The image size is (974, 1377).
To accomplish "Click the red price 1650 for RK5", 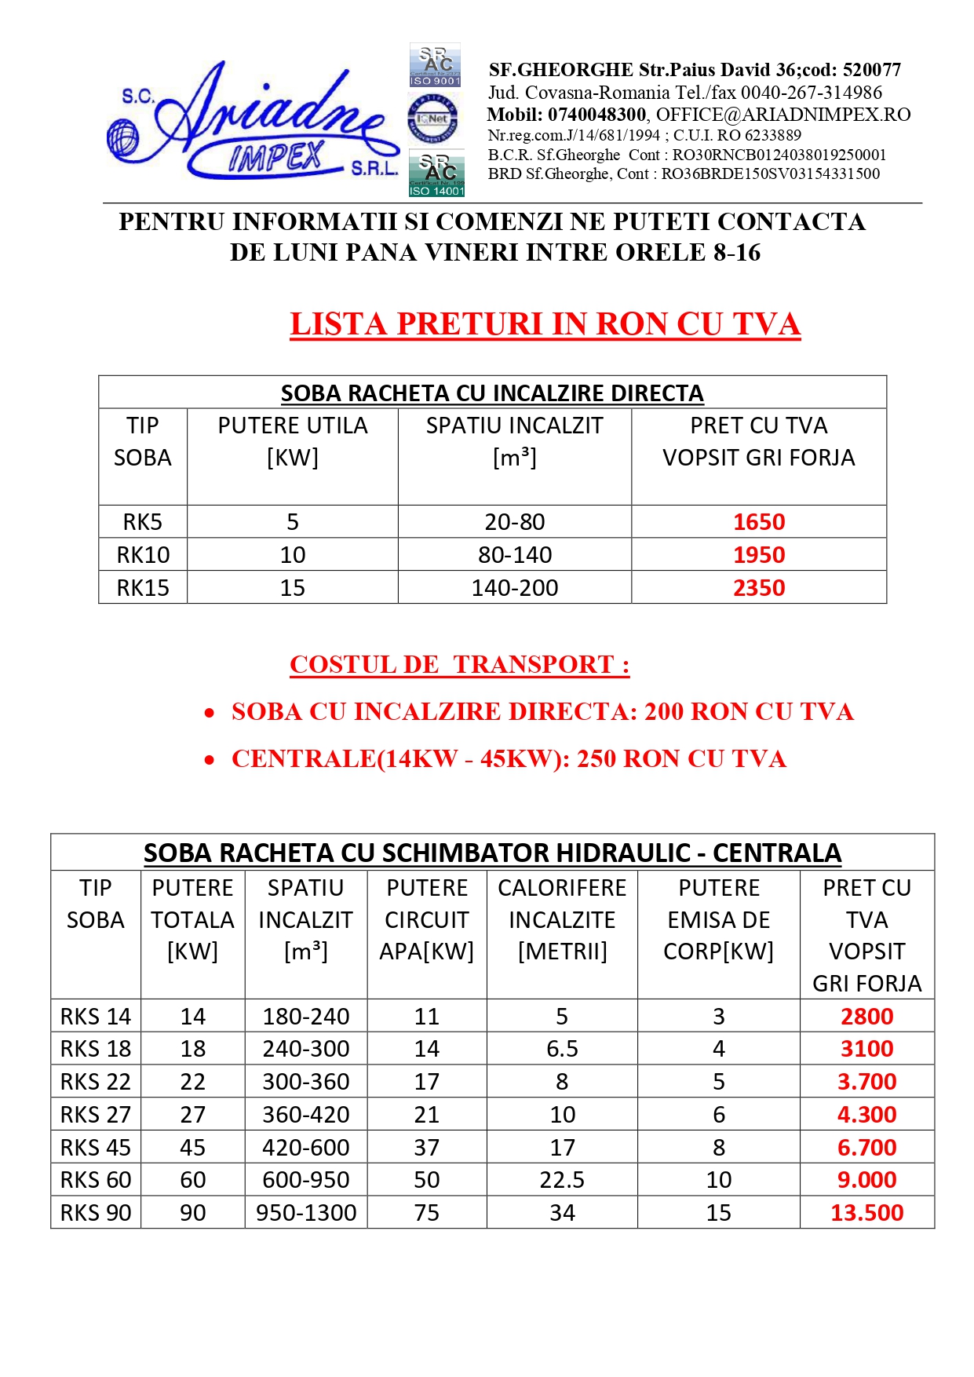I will [x=758, y=522].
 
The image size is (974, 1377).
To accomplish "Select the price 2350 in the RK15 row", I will [x=758, y=588].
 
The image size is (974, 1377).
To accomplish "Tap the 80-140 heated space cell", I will [x=515, y=555].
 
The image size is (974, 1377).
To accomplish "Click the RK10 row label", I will [x=143, y=555].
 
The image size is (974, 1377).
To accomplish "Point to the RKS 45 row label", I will [x=96, y=1148].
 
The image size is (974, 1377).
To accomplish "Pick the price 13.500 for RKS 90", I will [x=866, y=1213].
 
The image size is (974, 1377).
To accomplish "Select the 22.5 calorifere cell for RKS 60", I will [x=562, y=1180].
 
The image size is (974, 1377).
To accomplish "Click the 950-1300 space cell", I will [x=306, y=1213].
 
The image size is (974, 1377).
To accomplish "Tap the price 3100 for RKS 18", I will [x=866, y=1049].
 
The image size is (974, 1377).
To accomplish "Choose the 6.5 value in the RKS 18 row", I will [x=562, y=1049].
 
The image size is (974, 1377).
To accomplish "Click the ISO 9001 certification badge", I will [x=436, y=65].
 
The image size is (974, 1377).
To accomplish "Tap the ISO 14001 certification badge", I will [x=436, y=173].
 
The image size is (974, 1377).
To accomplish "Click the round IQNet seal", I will [x=432, y=119].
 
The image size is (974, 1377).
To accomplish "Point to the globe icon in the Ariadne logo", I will [x=122, y=138].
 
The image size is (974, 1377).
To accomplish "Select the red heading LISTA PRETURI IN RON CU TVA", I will [x=545, y=324].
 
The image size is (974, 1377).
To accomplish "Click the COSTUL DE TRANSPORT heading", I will [x=459, y=665].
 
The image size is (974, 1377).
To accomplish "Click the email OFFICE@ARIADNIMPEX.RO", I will [x=783, y=115].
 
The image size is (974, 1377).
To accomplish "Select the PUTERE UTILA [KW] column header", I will [x=292, y=441].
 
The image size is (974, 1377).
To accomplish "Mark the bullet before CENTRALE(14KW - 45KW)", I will [x=210, y=760].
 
